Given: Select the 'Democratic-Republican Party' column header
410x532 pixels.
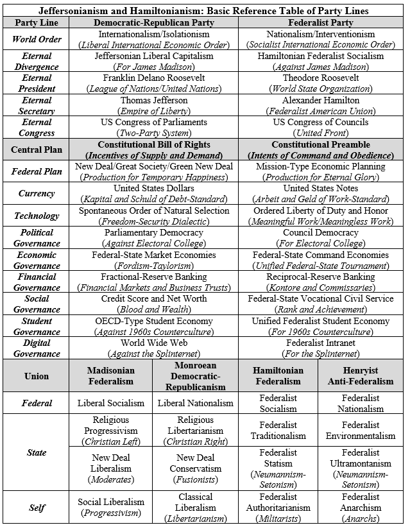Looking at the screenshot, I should tap(154, 22).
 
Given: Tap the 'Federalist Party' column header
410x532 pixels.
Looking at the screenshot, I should tap(320, 22).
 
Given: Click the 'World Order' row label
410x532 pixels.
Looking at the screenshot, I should tap(37, 39).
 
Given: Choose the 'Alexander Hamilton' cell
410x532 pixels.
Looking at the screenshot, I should tap(320, 100).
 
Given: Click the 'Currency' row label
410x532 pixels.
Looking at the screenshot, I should tap(37, 193).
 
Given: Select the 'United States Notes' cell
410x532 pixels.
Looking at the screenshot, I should tap(320, 188).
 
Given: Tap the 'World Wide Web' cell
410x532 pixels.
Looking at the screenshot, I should tap(154, 343).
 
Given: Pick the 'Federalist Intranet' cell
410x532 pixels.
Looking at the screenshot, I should tap(320, 343).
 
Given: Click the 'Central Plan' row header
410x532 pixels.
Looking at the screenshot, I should tap(37, 150).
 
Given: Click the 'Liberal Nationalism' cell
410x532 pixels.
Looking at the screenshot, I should tap(195, 403).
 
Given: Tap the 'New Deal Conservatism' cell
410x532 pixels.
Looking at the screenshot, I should tap(195, 463).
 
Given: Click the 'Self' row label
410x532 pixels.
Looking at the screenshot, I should tap(37, 507).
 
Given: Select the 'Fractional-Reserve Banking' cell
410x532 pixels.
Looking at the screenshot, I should tap(154, 277).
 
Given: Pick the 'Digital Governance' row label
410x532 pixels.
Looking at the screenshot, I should tap(37, 348).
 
